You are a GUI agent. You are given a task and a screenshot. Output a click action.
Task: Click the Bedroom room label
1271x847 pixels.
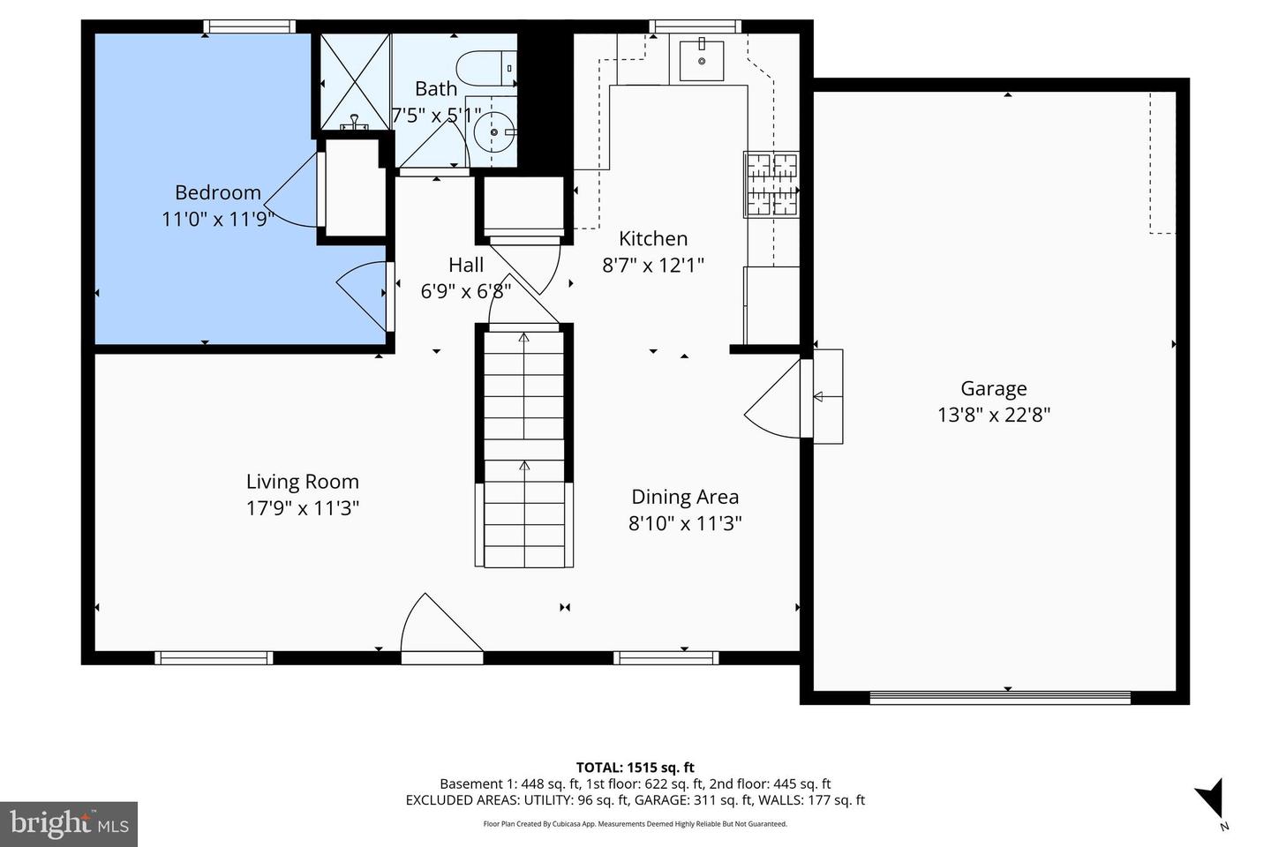pyautogui.click(x=217, y=192)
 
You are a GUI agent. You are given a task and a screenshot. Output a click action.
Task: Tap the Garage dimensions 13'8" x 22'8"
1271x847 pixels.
pyautogui.click(x=993, y=415)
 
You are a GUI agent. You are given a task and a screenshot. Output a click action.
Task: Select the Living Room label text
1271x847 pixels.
pyautogui.click(x=302, y=482)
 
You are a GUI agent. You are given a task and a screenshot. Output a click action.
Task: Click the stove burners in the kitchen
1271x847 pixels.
pyautogui.click(x=771, y=184)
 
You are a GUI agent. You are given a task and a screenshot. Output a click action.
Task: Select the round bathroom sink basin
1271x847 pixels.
pyautogui.click(x=493, y=133)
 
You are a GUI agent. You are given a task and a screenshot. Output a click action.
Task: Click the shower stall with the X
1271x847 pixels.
pyautogui.click(x=353, y=81)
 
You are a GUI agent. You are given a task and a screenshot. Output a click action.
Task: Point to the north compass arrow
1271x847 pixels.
pyautogui.click(x=1212, y=798)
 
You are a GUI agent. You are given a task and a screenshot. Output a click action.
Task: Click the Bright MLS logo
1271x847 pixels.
pyautogui.click(x=68, y=824)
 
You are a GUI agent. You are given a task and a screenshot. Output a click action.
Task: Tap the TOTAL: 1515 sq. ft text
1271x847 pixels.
pyautogui.click(x=635, y=768)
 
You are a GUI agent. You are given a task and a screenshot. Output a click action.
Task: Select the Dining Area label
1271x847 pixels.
pyautogui.click(x=684, y=497)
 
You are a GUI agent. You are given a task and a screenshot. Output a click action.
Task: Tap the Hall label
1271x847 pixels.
pyautogui.click(x=465, y=265)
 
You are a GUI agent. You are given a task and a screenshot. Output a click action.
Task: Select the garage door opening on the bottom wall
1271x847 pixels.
pyautogui.click(x=999, y=697)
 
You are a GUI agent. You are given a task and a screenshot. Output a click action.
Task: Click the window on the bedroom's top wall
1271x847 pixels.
pyautogui.click(x=248, y=27)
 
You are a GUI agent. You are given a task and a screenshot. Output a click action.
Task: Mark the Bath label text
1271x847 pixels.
pyautogui.click(x=436, y=89)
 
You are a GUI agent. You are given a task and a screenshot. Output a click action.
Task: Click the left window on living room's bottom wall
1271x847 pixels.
pyautogui.click(x=214, y=657)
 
